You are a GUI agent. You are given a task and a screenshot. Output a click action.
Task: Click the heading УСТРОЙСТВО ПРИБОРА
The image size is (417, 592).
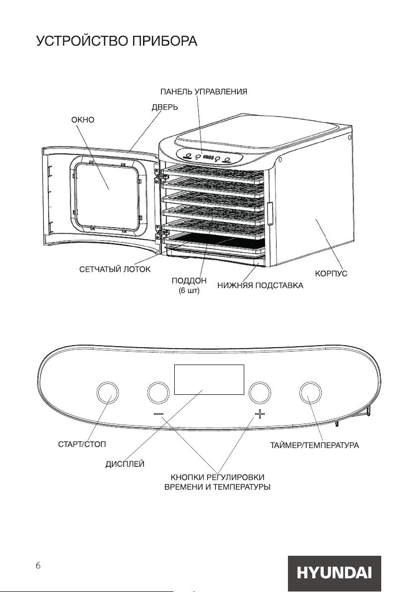tap(117, 41)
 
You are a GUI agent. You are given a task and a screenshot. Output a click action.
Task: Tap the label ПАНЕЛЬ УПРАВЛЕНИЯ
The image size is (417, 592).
tap(204, 92)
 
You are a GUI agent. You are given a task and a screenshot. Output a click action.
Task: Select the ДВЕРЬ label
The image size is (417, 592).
tap(165, 107)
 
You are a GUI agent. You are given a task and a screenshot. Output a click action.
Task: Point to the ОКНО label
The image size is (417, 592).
tap(83, 120)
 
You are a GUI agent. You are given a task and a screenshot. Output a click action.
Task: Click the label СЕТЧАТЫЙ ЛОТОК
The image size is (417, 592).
tap(115, 269)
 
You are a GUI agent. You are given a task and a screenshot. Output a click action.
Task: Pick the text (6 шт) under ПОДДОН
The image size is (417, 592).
tap(189, 291)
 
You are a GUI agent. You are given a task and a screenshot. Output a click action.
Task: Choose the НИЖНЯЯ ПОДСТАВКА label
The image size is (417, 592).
tap(261, 285)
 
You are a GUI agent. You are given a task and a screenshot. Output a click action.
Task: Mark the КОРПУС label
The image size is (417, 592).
tap(331, 274)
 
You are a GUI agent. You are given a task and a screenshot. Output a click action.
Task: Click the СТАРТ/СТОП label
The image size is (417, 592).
tap(82, 444)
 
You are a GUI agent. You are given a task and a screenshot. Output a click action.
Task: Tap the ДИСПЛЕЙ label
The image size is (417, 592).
tap(125, 464)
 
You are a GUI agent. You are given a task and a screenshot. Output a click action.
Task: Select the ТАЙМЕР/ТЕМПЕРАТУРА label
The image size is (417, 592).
tap(314, 445)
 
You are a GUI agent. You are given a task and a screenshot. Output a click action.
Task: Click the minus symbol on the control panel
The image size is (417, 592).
tap(159, 414)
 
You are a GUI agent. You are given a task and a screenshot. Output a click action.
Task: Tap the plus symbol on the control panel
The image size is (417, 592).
tap(260, 414)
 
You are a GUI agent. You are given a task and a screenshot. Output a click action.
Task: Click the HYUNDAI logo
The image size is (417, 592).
tap(335, 573)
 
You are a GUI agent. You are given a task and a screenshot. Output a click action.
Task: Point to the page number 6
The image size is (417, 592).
tap(38, 565)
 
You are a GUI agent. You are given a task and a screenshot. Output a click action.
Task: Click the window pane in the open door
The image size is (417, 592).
tap(108, 196)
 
